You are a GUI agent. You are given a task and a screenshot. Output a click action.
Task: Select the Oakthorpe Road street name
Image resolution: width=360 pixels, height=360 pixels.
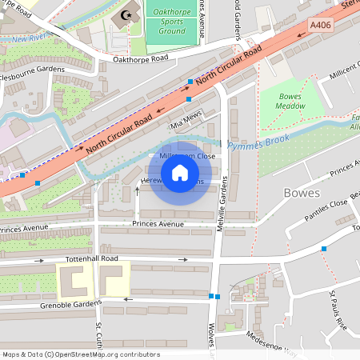click(x=141, y=58)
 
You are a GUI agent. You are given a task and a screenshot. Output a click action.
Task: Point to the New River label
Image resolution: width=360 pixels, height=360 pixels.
click(x=27, y=38)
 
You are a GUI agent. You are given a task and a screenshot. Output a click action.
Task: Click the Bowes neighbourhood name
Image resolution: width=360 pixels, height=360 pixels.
click(x=302, y=193)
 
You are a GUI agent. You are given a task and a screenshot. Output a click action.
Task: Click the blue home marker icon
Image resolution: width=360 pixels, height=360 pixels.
click(x=180, y=173)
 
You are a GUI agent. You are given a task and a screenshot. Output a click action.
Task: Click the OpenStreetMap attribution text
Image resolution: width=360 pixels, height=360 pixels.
click(x=81, y=354)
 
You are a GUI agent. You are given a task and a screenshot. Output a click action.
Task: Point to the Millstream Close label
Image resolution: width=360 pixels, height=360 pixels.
click(x=186, y=156)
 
